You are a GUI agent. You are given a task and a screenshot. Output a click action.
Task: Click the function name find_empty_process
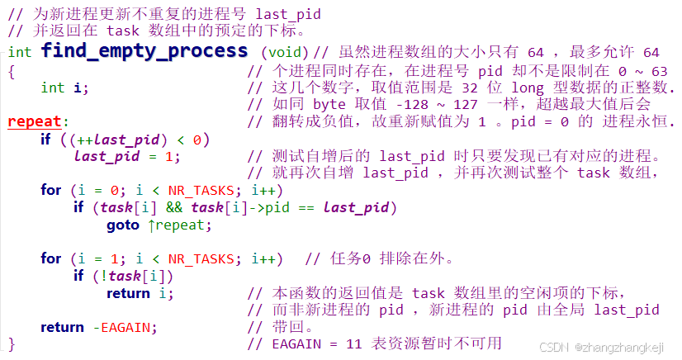click(144, 52)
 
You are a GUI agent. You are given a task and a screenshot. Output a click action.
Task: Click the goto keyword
click(123, 225)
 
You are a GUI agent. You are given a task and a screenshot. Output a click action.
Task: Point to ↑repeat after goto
click(178, 225)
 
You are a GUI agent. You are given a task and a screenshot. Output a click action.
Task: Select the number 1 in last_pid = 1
click(168, 156)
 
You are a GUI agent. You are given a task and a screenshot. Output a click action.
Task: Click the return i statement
click(140, 293)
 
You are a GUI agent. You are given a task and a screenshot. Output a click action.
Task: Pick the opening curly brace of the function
click(12, 70)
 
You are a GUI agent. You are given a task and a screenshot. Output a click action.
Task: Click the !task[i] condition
click(141, 276)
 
